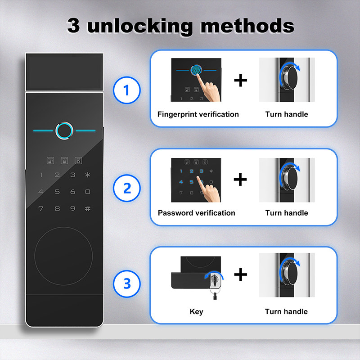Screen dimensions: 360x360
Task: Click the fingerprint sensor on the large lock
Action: click(64, 130)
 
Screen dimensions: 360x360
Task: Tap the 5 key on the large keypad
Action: click(57, 192)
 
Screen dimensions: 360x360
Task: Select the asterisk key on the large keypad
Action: click(87, 175)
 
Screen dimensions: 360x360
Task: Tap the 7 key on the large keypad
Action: click(41, 208)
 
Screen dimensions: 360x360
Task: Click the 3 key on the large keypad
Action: click(72, 175)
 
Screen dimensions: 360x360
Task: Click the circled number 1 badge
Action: click(126, 90)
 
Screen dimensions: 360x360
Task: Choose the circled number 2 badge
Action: click(127, 188)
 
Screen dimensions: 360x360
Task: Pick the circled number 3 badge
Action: click(127, 283)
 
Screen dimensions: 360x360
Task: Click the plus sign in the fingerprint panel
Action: click(240, 81)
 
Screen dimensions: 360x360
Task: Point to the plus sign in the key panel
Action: click(240, 274)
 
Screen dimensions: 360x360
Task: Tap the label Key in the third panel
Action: click(196, 311)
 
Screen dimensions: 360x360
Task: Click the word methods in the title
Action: click(247, 26)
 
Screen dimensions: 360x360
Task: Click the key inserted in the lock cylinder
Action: click(215, 285)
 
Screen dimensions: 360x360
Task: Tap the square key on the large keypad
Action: click(87, 192)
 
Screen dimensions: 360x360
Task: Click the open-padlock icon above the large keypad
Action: click(50, 161)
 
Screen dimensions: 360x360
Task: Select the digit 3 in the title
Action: click(73, 25)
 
